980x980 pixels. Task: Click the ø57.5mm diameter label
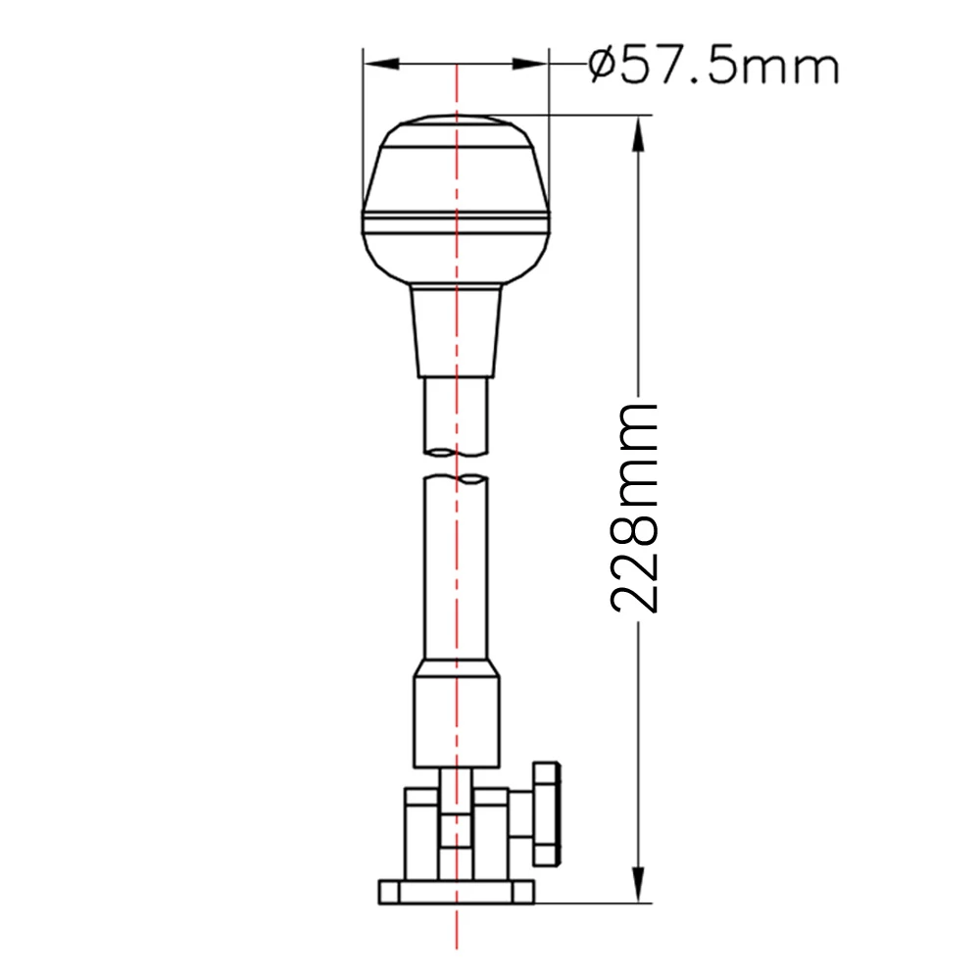[x=714, y=67]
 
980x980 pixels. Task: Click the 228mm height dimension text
[x=635, y=508]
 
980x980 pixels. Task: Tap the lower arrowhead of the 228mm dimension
[x=639, y=884]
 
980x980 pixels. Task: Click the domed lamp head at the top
[x=456, y=196]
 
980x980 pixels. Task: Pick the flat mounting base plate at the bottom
[x=456, y=892]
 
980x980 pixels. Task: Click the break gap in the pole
[x=456, y=465]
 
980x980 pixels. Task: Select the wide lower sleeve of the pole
[x=456, y=715]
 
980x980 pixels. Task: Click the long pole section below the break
[x=456, y=568]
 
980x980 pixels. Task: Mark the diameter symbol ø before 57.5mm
[x=601, y=67]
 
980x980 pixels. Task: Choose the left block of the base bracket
[x=421, y=833]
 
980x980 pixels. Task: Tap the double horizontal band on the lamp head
[x=456, y=224]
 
